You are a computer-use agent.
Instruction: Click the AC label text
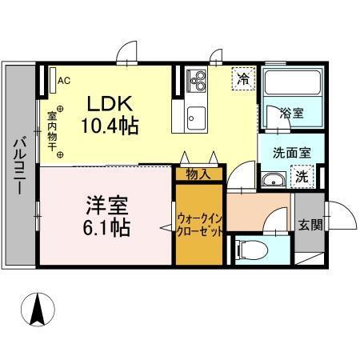pyautogui.click(x=64, y=80)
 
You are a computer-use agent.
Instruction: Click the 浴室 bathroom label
pyautogui.click(x=290, y=114)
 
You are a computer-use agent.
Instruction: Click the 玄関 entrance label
pyautogui.click(x=311, y=225)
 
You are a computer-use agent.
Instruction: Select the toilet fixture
pyautogui.click(x=246, y=250)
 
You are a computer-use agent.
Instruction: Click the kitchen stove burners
pyautogui.click(x=197, y=81)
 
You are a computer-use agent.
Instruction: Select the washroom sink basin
pyautogui.click(x=274, y=178)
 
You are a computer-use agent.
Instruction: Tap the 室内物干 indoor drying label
pyautogui.click(x=50, y=130)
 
